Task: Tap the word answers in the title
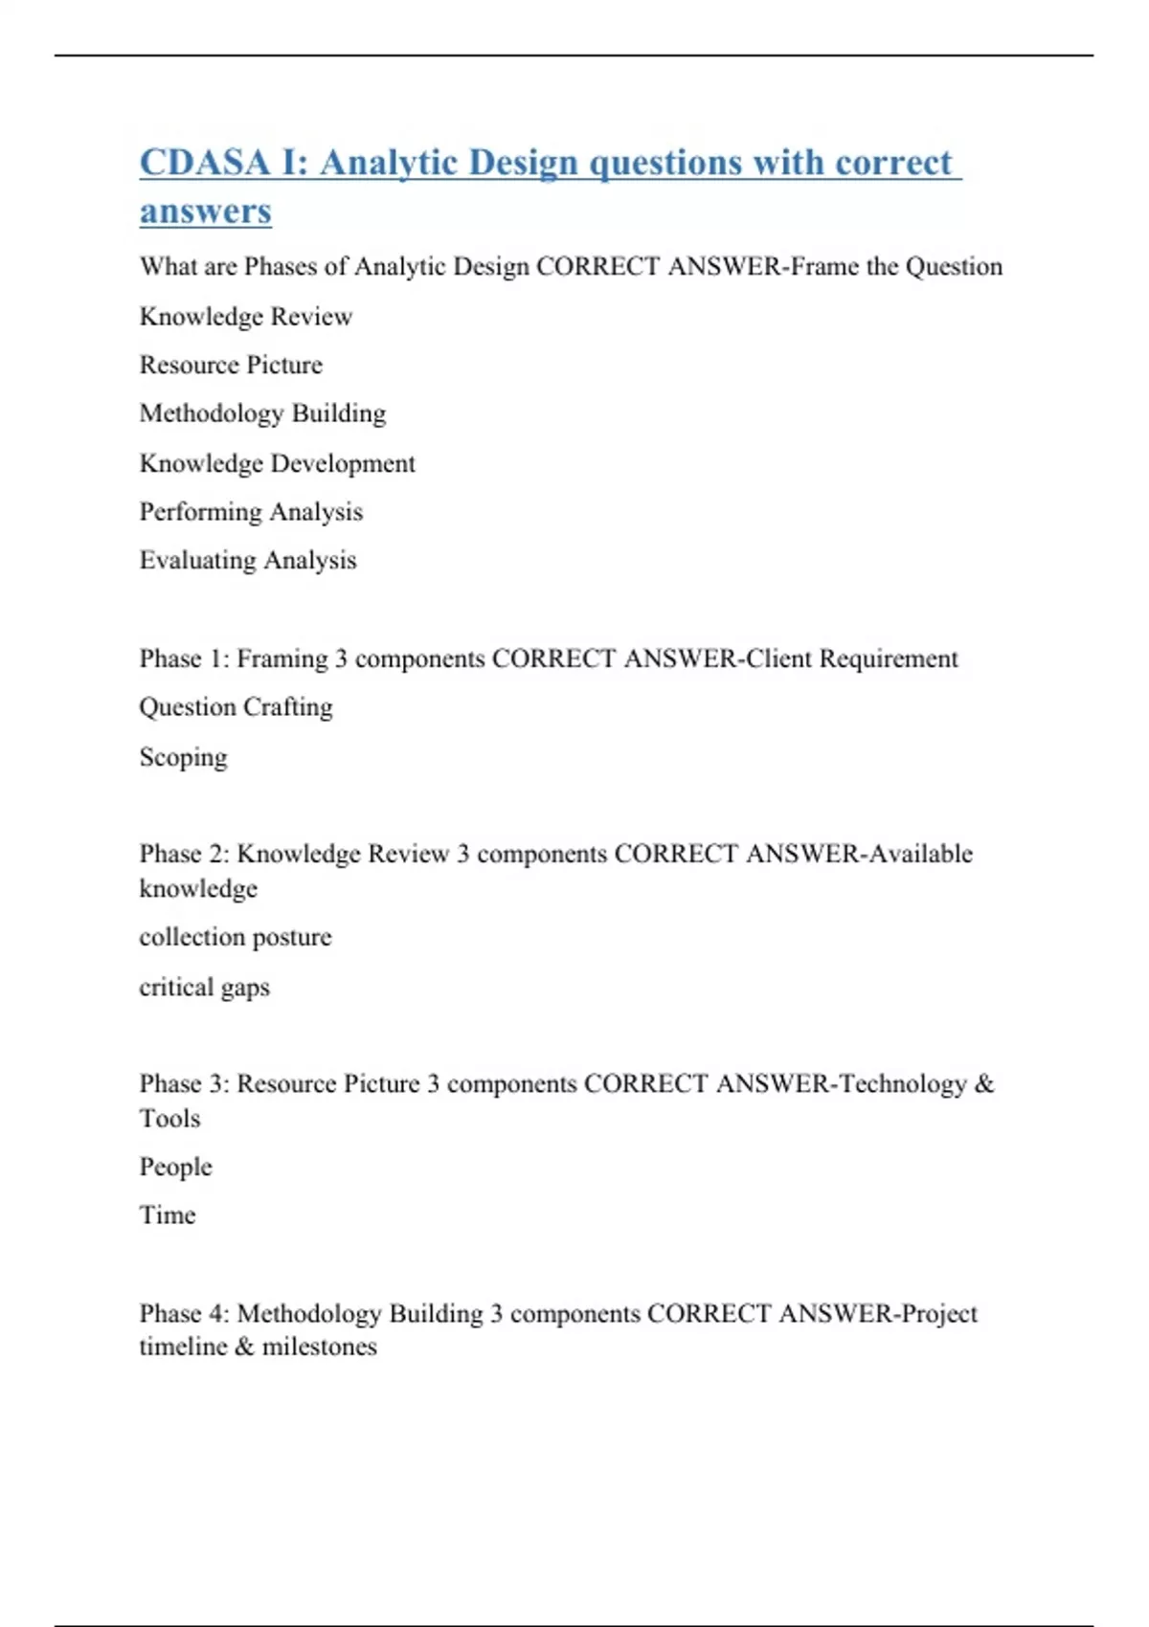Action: pos(205,211)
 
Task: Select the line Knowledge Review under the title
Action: pos(245,317)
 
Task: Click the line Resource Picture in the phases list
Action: pos(231,365)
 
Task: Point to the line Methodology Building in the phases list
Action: pos(262,413)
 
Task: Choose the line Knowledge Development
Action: pos(277,463)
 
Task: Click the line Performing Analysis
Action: pos(251,512)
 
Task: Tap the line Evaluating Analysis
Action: pos(247,560)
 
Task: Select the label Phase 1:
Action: pos(184,658)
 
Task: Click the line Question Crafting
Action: pos(236,707)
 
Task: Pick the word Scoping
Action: pos(183,757)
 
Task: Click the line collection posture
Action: pos(235,937)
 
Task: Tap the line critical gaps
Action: pos(204,987)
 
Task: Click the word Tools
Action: pos(169,1118)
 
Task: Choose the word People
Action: pos(175,1167)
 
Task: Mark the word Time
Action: pos(168,1215)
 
